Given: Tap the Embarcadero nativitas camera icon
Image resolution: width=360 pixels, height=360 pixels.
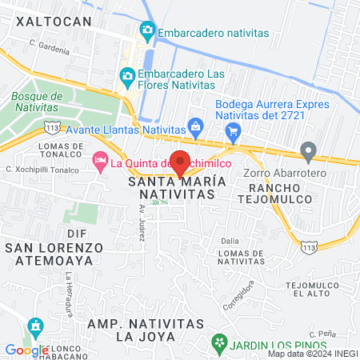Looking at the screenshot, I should (146, 32).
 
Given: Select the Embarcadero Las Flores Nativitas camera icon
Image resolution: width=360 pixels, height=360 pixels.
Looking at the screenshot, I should (126, 77).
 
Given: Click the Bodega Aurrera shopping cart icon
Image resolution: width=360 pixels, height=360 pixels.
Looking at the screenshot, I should (234, 131).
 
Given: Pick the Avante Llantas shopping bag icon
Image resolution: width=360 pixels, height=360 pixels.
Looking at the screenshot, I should (194, 126).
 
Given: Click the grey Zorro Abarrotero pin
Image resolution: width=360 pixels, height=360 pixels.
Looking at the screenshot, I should (308, 150).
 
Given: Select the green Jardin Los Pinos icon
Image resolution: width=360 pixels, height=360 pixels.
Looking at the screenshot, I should (218, 342).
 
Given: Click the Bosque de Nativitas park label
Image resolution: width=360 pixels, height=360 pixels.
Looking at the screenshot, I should (34, 101).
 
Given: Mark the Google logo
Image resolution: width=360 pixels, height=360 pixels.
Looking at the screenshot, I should (26, 350).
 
